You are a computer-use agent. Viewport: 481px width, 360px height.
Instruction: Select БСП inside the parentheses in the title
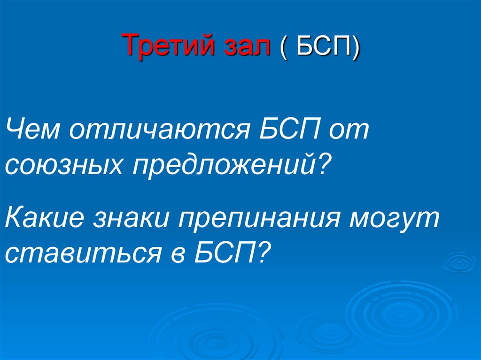tap(324, 46)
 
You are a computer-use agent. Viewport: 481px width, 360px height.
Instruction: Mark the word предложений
tap(224, 166)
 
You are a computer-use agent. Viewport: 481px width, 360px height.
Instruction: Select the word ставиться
tap(83, 254)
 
